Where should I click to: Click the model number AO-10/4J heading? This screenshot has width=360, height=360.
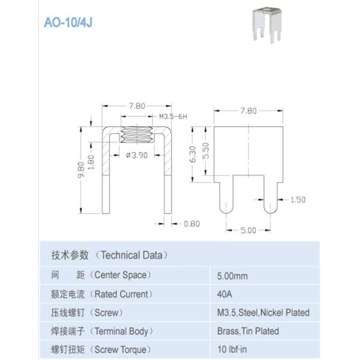pyautogui.click(x=68, y=23)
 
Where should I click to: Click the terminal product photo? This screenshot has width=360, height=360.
pyautogui.click(x=267, y=25)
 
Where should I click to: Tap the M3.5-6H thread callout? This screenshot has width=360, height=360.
pyautogui.click(x=173, y=116)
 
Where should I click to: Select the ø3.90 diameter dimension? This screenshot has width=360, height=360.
pyautogui.click(x=137, y=155)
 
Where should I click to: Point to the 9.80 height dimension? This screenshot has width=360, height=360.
pyautogui.click(x=81, y=170)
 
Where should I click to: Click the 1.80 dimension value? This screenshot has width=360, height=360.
pyautogui.click(x=91, y=162)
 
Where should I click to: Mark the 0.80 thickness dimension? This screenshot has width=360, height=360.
pyautogui.click(x=192, y=224)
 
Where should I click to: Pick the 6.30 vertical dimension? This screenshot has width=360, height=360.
pyautogui.click(x=193, y=154)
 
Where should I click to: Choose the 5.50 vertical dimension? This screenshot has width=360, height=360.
pyautogui.click(x=206, y=151)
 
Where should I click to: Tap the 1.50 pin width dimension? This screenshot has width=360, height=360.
pyautogui.click(x=298, y=200)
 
